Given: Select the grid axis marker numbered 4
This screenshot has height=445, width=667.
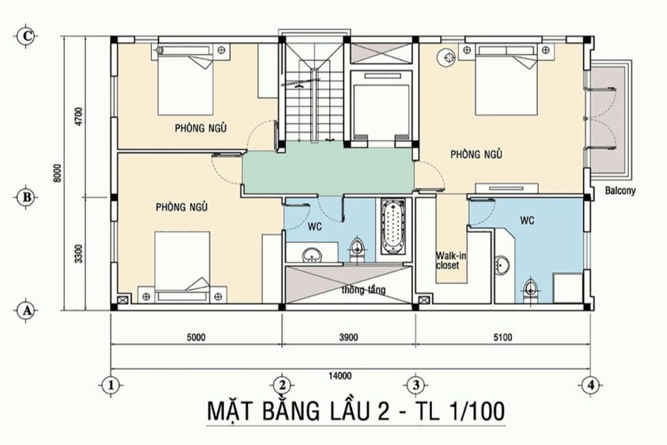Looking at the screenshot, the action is [x=590, y=386].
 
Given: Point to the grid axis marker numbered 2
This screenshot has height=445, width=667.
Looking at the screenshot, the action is [x=282, y=386].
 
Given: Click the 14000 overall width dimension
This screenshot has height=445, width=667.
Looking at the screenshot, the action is [x=340, y=376].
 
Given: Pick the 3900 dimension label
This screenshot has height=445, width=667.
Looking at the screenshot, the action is [x=348, y=337].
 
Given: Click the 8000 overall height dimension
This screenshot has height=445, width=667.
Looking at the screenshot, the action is [x=58, y=173].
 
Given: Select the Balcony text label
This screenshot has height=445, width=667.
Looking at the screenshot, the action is [x=620, y=191].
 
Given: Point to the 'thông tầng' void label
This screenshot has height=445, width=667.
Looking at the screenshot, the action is [x=363, y=290].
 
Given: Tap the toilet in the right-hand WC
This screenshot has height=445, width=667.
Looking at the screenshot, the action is [x=530, y=290].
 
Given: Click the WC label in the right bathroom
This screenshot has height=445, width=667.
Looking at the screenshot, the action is [x=527, y=220].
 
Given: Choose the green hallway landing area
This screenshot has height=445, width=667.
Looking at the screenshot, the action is [x=328, y=169].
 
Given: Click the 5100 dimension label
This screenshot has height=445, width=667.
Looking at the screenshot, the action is [x=503, y=337].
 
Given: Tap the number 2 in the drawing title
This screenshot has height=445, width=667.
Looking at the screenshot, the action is [x=382, y=412].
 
